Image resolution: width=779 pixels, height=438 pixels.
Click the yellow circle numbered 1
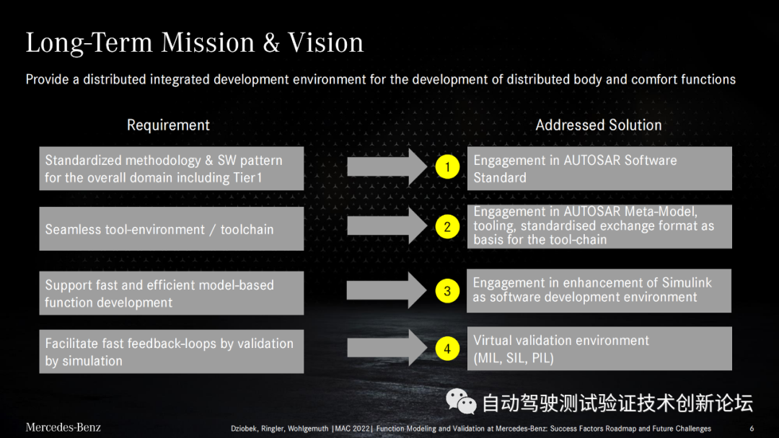447,167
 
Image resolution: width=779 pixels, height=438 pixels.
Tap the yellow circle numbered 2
447,227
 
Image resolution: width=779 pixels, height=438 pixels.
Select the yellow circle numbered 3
447,290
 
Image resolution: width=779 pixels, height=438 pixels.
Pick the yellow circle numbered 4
447,349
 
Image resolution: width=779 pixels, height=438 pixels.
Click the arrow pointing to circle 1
387,167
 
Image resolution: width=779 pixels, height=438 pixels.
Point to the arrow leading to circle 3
387,290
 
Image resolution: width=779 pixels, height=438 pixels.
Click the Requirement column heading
168,125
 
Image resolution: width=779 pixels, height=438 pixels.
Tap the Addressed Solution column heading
599,125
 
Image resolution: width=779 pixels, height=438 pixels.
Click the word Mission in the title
208,43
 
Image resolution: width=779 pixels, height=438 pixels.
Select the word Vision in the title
326,43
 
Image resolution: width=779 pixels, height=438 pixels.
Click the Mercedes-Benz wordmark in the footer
63,427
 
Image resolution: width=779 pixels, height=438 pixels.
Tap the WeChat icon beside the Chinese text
461,401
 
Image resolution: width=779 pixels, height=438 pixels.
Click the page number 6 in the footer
752,429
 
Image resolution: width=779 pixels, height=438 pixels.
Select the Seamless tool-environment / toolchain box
172,228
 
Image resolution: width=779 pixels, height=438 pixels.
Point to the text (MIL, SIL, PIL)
514,358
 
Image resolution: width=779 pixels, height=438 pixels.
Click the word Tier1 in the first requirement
247,178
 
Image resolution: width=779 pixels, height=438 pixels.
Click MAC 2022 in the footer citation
353,429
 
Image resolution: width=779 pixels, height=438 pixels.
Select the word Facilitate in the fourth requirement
71,343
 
